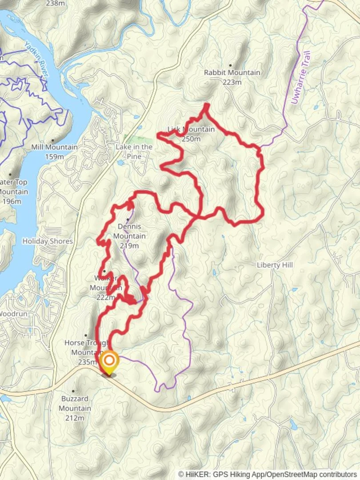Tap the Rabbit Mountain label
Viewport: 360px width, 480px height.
(x=232, y=72)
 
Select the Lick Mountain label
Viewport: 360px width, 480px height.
(x=191, y=129)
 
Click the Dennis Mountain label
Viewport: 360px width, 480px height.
(x=129, y=231)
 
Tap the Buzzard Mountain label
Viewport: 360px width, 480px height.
(x=75, y=404)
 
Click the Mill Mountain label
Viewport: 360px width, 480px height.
(x=54, y=147)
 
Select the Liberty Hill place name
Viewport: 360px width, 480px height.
(x=275, y=265)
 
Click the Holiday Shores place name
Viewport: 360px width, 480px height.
(x=48, y=241)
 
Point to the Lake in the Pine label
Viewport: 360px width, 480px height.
(x=134, y=152)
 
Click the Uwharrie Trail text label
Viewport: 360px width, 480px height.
(x=301, y=78)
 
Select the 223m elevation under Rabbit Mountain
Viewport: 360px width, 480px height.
(x=232, y=82)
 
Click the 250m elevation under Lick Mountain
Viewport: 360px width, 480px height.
(x=191, y=139)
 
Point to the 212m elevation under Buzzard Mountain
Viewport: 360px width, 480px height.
(x=75, y=418)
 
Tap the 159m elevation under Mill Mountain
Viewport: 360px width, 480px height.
(x=54, y=156)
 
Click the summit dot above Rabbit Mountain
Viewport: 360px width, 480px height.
(x=230, y=65)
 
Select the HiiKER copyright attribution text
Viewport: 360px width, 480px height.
(x=268, y=475)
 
